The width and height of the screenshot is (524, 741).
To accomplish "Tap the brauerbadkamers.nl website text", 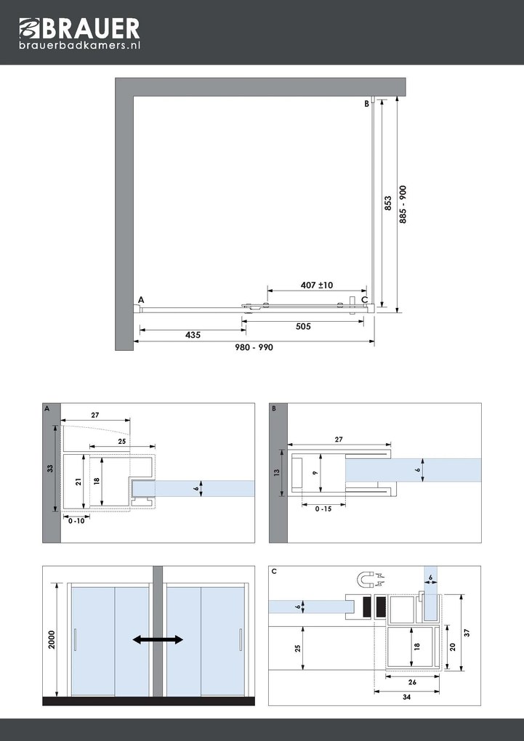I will tap(79, 45).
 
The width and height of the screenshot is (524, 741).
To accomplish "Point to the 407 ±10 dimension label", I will tap(316, 285).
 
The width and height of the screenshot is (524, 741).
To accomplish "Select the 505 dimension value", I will tap(303, 327).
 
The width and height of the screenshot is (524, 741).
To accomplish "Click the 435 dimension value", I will tap(192, 336).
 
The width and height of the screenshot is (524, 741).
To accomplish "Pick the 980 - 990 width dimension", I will tap(254, 348).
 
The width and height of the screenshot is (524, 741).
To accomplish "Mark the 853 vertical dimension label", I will tap(388, 204).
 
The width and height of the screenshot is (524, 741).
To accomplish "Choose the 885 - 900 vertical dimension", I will tap(403, 204).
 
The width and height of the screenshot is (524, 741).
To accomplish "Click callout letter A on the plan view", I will tap(140, 299).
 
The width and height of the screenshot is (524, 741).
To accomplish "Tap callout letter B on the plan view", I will tap(367, 104).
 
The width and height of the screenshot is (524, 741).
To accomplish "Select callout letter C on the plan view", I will tap(364, 299).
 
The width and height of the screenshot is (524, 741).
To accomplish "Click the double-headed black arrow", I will tap(157, 639).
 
